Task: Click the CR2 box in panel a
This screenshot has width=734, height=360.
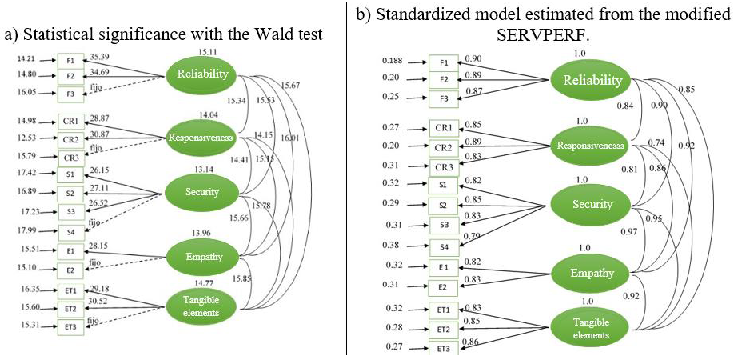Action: click(69, 138)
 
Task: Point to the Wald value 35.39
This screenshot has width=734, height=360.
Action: click(100, 58)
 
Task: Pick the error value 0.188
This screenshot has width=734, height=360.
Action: click(392, 61)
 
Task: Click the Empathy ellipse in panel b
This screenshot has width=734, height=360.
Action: click(592, 273)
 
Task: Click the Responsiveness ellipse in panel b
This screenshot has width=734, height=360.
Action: click(592, 146)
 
